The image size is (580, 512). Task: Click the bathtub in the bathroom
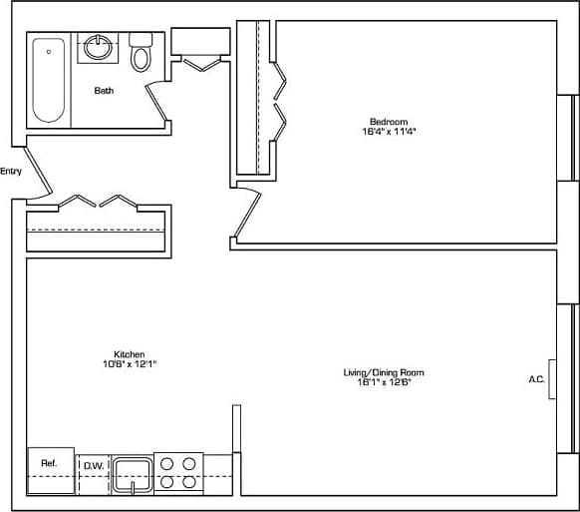point(48,79)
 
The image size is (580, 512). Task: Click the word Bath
point(104,91)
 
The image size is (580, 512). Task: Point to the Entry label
point(11,171)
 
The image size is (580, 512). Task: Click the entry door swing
point(37,174)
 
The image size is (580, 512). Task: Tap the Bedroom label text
point(388,123)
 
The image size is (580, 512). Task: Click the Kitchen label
point(130,354)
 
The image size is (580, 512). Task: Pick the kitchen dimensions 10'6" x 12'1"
point(130,364)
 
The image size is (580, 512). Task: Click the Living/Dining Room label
point(377,372)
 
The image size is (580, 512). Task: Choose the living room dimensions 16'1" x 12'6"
point(377,382)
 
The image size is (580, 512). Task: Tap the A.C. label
point(535,379)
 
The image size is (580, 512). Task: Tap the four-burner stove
point(178,472)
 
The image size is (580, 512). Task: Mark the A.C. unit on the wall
point(552,379)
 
